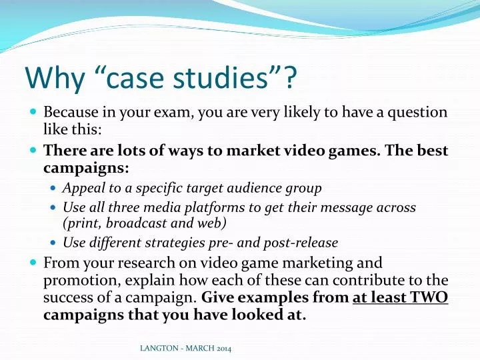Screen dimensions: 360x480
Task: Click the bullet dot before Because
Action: pyautogui.click(x=34, y=113)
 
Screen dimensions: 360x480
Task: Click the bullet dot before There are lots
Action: pyautogui.click(x=34, y=151)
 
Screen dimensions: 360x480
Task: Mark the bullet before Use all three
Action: pyautogui.click(x=54, y=208)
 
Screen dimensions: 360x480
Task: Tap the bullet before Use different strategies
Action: pyautogui.click(x=54, y=243)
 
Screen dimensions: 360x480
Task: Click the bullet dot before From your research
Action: pyautogui.click(x=34, y=263)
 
